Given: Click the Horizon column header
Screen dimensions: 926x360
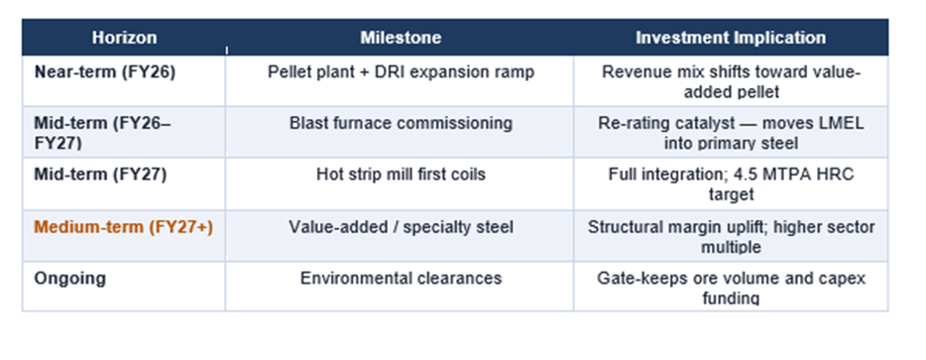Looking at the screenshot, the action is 124,38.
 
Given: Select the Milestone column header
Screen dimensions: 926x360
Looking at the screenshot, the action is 401,38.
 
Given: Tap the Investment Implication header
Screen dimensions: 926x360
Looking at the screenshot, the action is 731,38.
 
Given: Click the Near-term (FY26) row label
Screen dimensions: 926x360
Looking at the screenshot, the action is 105,72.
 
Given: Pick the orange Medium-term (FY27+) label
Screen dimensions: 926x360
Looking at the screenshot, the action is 123,227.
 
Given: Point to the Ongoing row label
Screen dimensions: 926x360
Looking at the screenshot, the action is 69,279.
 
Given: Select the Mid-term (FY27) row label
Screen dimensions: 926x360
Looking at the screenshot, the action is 100,175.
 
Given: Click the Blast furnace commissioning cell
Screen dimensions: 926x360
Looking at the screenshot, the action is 401,124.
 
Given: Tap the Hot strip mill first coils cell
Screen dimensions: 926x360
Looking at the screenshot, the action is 401,175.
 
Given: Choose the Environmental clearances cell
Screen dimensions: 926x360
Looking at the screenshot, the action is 401,279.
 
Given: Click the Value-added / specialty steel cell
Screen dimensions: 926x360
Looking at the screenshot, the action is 401,227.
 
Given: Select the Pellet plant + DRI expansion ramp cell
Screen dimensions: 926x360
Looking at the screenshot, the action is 401,72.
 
